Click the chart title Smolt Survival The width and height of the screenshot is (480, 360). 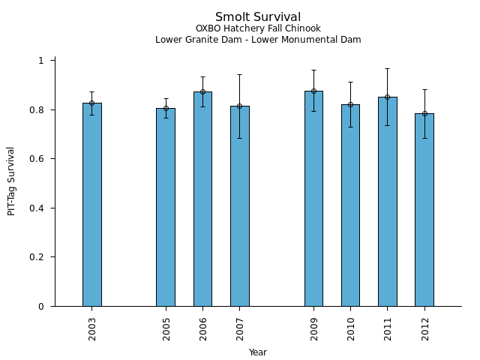tap(258, 17)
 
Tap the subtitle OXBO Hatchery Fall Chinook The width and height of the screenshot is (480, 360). tap(258, 29)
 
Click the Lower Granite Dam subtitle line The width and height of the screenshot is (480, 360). tap(258, 40)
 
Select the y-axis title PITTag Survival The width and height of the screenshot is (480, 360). tap(11, 181)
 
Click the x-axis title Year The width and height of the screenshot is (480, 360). tap(258, 352)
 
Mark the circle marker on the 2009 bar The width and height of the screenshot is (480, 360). tap(313, 91)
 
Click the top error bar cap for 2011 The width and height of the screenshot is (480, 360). tap(387, 68)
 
